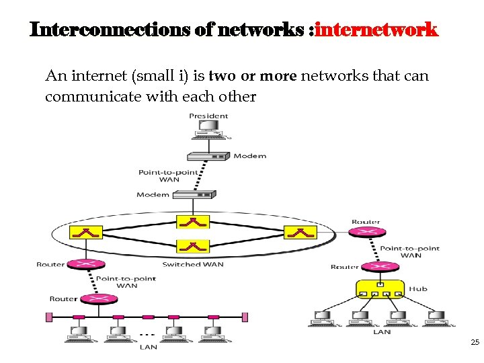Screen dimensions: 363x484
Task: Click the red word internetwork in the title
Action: [376, 30]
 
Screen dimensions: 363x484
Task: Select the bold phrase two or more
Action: [253, 76]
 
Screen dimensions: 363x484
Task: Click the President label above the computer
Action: [208, 116]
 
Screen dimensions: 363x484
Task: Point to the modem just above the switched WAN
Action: [194, 195]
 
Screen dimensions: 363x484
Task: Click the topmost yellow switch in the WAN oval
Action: [193, 221]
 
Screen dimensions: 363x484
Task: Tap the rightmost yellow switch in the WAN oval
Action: [300, 233]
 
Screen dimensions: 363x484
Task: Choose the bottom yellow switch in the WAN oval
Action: [193, 246]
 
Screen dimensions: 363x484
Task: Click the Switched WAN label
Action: [192, 264]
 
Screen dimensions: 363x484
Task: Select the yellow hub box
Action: [380, 290]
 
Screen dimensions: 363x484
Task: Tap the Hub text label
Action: [418, 289]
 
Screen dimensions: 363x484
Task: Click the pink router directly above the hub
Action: [367, 267]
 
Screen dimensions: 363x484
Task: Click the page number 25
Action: [475, 343]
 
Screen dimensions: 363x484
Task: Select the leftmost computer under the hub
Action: [322, 318]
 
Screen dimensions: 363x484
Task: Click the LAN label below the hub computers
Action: [382, 332]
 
